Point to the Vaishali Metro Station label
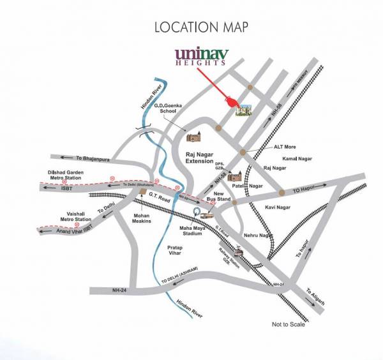point(74,218)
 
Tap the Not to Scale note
point(290,325)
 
